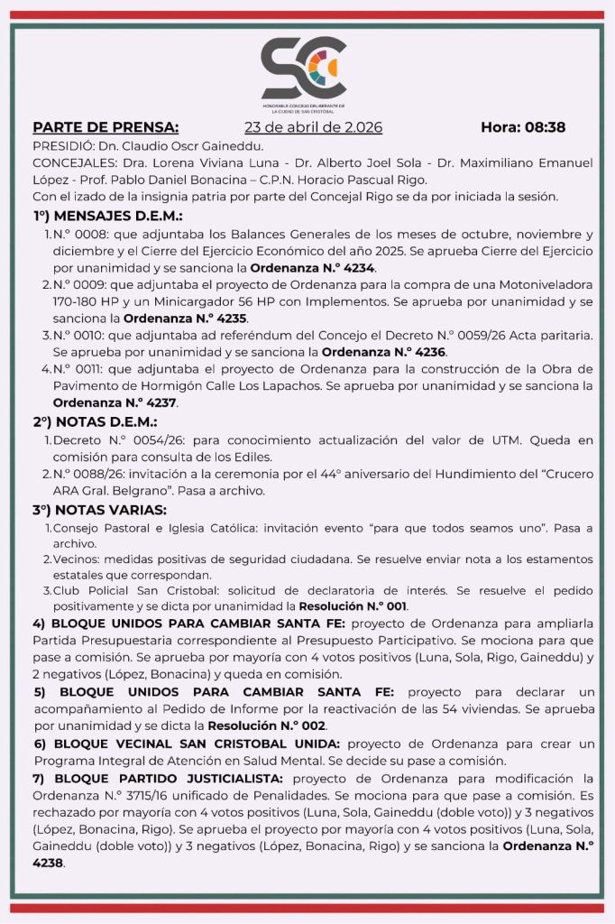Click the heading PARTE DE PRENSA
click(106, 127)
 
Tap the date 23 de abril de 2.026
click(313, 127)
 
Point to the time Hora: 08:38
click(523, 127)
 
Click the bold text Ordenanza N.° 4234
click(312, 268)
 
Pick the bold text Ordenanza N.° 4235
click(184, 319)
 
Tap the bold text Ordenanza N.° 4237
click(115, 402)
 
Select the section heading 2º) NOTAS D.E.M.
click(95, 421)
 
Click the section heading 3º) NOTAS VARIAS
click(99, 510)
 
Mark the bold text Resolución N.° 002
click(266, 725)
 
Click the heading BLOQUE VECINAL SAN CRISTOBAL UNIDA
click(187, 743)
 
